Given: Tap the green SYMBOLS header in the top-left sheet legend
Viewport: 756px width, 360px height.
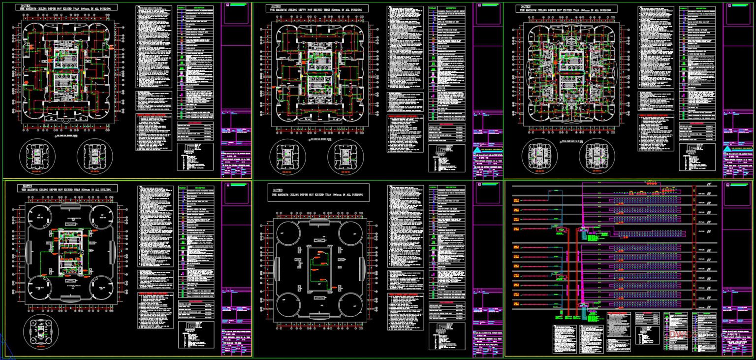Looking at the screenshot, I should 181,8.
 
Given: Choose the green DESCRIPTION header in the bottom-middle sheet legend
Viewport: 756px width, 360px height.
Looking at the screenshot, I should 450,188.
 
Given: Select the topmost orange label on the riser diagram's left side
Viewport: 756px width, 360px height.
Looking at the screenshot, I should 516,201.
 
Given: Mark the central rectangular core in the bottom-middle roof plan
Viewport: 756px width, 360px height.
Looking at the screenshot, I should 319,269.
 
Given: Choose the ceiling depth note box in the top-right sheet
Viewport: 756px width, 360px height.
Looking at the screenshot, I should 566,8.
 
